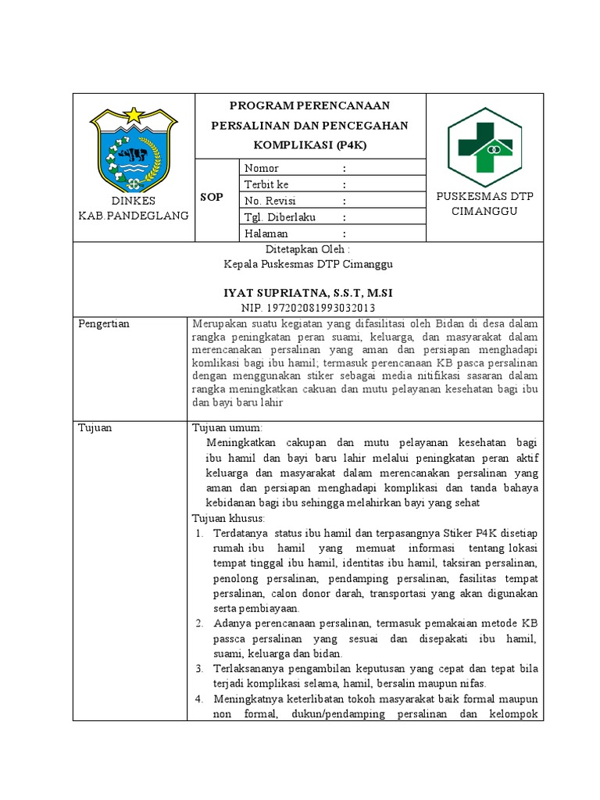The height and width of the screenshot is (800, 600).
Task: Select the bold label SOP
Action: (x=212, y=198)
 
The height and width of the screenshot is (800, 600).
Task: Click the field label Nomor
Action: (x=262, y=168)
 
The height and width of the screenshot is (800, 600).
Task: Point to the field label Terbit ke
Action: (x=266, y=184)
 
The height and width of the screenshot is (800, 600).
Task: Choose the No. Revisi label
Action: (x=270, y=201)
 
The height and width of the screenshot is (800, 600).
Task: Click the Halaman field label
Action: (x=266, y=234)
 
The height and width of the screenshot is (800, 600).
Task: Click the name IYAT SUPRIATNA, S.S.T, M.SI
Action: (x=308, y=292)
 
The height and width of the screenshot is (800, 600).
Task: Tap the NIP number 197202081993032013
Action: (x=308, y=307)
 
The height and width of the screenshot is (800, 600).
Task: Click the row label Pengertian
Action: (x=105, y=323)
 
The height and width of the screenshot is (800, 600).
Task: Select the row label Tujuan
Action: (x=95, y=427)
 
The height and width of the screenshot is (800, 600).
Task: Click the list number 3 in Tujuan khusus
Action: (x=199, y=669)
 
